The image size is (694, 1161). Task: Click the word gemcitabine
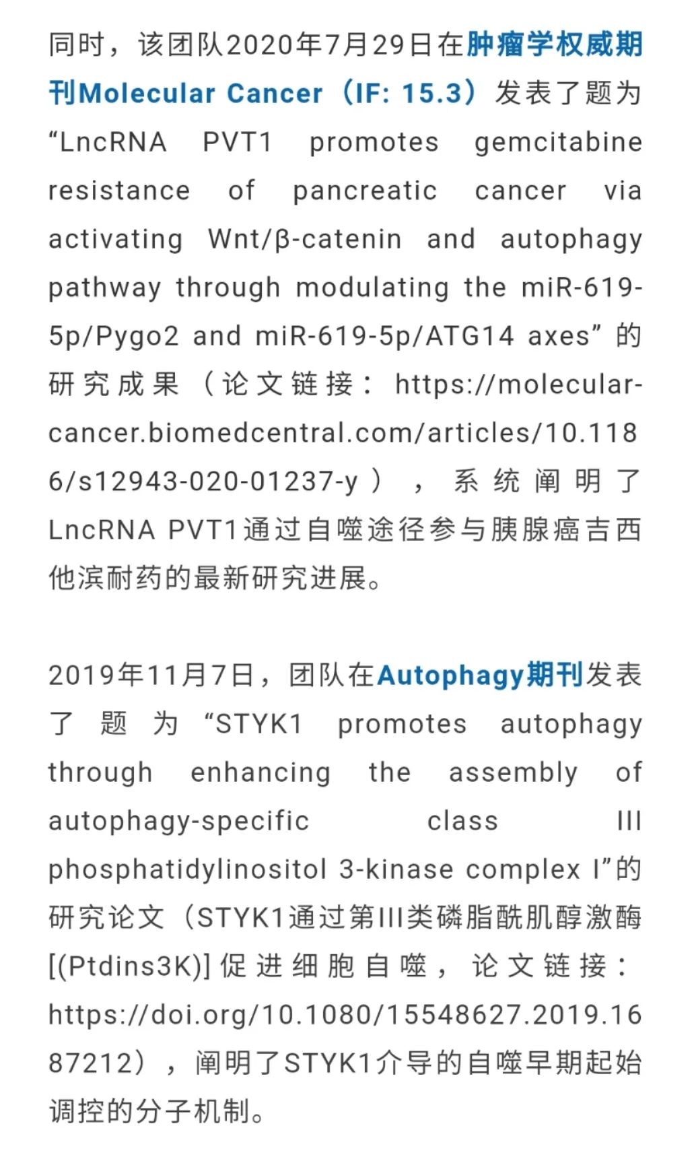point(558,143)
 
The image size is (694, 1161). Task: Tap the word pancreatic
point(365,191)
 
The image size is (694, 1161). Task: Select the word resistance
point(119,191)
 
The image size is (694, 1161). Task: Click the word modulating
point(372,288)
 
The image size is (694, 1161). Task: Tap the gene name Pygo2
point(137,336)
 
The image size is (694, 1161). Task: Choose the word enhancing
point(261,772)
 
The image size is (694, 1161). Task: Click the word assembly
point(513,772)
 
